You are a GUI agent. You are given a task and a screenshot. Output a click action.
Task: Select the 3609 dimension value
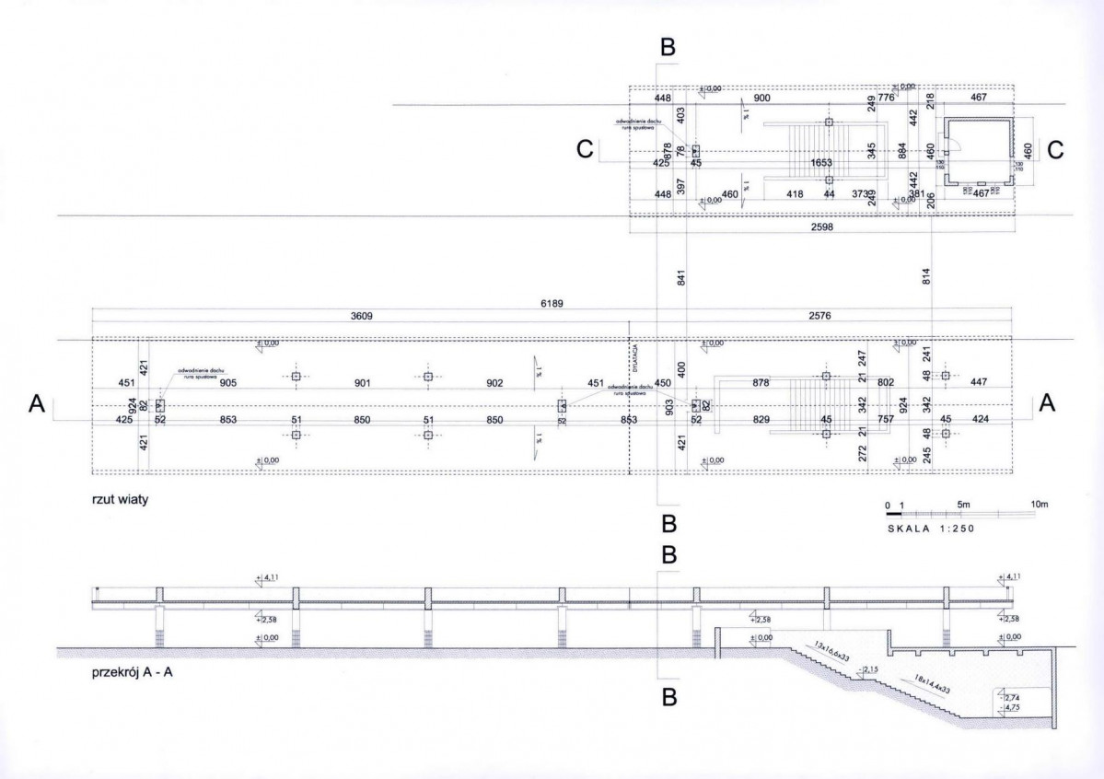[361, 316]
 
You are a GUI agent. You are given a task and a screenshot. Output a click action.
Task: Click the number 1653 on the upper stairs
[821, 163]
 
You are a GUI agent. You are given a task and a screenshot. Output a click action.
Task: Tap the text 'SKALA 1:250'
[931, 529]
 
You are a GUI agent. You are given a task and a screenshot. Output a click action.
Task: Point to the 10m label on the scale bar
[1040, 505]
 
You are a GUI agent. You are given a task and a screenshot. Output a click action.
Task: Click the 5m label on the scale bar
[963, 505]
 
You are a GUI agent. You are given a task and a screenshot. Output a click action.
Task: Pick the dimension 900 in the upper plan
[762, 98]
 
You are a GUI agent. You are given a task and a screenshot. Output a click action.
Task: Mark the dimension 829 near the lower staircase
[761, 420]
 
